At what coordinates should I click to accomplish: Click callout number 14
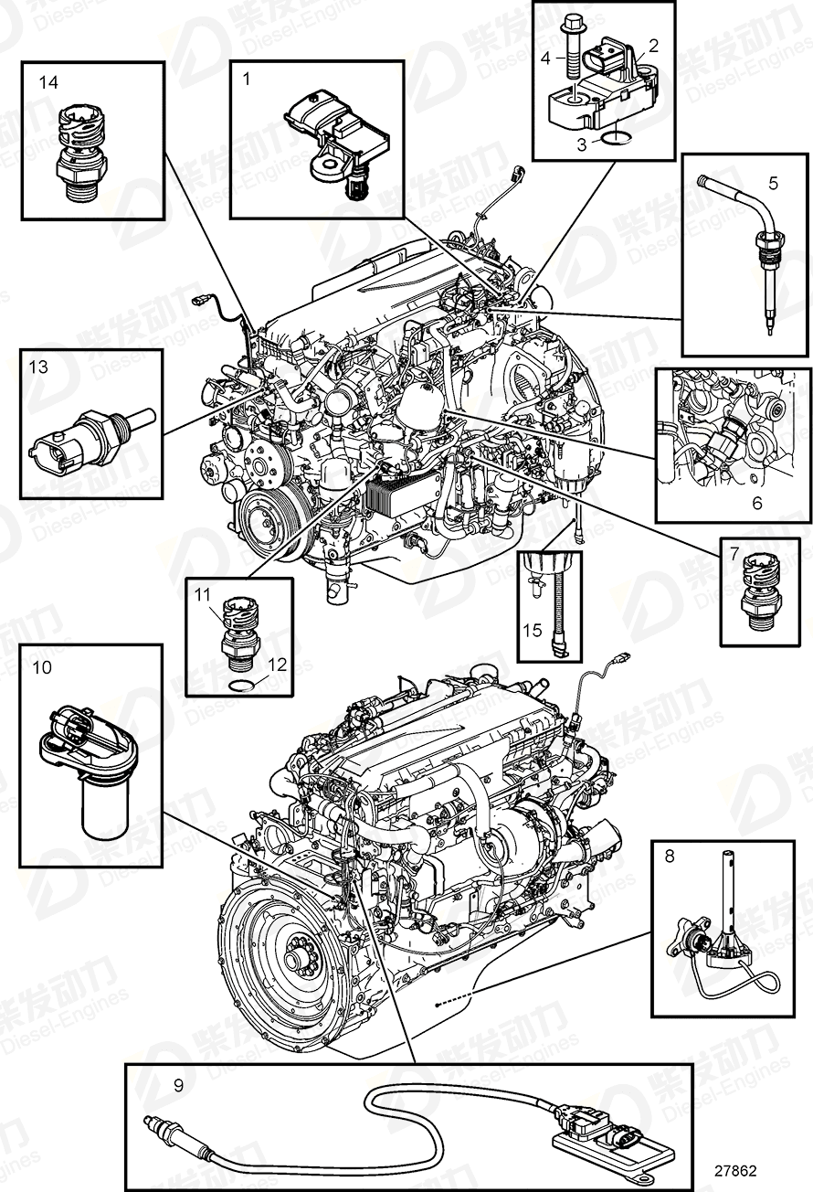(x=48, y=82)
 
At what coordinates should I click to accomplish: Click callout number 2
(x=653, y=44)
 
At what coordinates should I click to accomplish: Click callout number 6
(x=755, y=503)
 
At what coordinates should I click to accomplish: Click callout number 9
(x=178, y=1085)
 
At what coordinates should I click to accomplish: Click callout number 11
(x=202, y=594)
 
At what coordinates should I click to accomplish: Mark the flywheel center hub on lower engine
(x=297, y=961)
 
